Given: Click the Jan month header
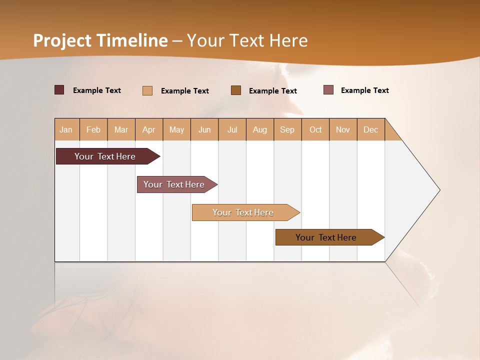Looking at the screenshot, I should coord(66,129).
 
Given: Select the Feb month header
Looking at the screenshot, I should coord(93,129).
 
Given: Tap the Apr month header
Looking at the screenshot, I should coord(148,129).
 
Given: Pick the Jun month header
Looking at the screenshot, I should coord(204,129).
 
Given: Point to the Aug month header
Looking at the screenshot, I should coord(259,129).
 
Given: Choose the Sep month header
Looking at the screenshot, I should coord(287,129).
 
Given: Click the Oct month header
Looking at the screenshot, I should coord(315,129).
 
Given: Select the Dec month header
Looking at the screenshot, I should coord(370,129).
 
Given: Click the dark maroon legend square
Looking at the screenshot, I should coord(59,90).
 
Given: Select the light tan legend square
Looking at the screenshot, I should coord(147,90).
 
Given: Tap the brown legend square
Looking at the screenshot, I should coord(236,90).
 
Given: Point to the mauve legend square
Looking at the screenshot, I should coord(328,90).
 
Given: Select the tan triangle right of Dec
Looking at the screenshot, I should coord(391,132).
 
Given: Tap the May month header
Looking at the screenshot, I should coord(176,129).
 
